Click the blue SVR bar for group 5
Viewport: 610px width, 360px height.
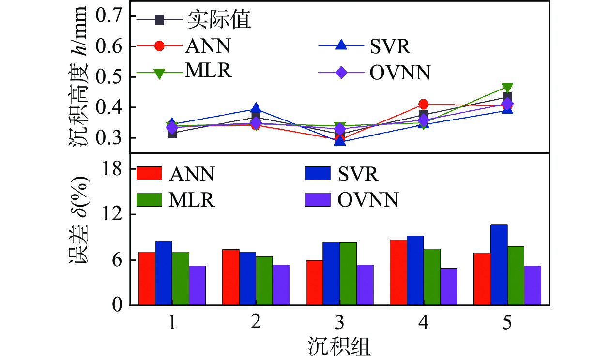point(499,265)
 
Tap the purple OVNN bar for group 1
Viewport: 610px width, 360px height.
point(197,285)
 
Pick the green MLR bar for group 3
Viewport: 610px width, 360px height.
point(348,274)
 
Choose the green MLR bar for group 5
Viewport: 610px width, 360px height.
point(516,276)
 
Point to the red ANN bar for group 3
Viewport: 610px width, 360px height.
point(314,283)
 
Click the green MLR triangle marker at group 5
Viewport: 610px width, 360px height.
point(507,88)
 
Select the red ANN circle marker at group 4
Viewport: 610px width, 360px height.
point(424,104)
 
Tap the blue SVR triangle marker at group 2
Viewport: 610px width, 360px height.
point(256,108)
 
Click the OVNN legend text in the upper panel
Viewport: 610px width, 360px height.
point(399,73)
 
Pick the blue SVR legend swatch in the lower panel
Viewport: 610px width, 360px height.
point(317,173)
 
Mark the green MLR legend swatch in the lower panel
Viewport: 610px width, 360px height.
point(149,199)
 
